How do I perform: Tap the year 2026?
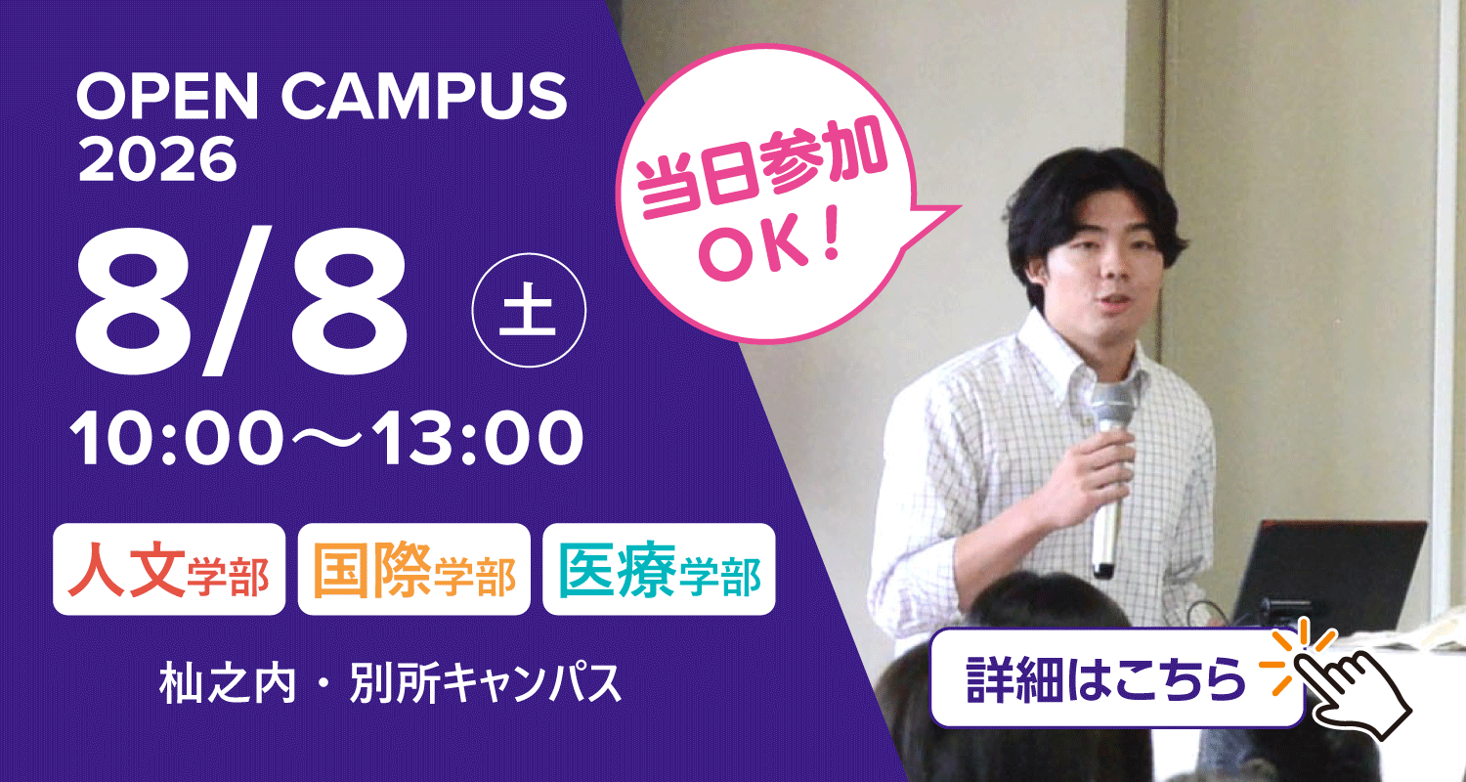156,159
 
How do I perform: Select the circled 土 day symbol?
529,310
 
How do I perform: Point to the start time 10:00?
175,437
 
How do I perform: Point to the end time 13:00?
482,437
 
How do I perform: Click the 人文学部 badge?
169,569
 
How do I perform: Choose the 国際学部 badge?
413,569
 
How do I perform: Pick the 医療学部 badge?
659,569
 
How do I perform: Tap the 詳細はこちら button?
1117,677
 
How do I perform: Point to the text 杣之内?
227,684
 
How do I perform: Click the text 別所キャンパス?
485,684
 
